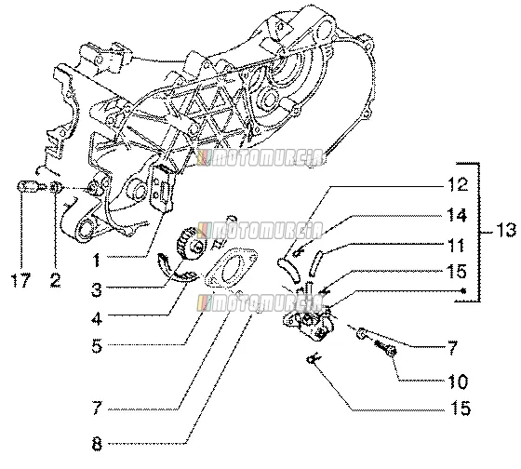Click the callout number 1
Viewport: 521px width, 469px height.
[x=97, y=260]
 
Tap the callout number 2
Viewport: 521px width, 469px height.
[x=55, y=279]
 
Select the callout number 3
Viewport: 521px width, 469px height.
[x=97, y=289]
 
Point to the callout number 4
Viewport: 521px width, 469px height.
[x=97, y=319]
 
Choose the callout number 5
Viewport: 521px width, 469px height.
[x=97, y=346]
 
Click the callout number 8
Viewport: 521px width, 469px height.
[x=97, y=444]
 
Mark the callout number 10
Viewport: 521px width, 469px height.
[x=458, y=382]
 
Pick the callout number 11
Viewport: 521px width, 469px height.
[x=456, y=246]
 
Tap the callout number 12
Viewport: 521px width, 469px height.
[x=457, y=184]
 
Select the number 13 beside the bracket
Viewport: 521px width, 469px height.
[x=506, y=231]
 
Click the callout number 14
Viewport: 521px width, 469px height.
[x=457, y=215]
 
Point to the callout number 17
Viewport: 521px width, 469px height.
[x=21, y=279]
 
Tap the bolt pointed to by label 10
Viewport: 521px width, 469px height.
[x=385, y=348]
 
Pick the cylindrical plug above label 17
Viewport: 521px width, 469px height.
[x=27, y=186]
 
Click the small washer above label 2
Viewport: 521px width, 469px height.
[x=56, y=187]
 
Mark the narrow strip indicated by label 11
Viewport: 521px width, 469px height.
[x=315, y=263]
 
